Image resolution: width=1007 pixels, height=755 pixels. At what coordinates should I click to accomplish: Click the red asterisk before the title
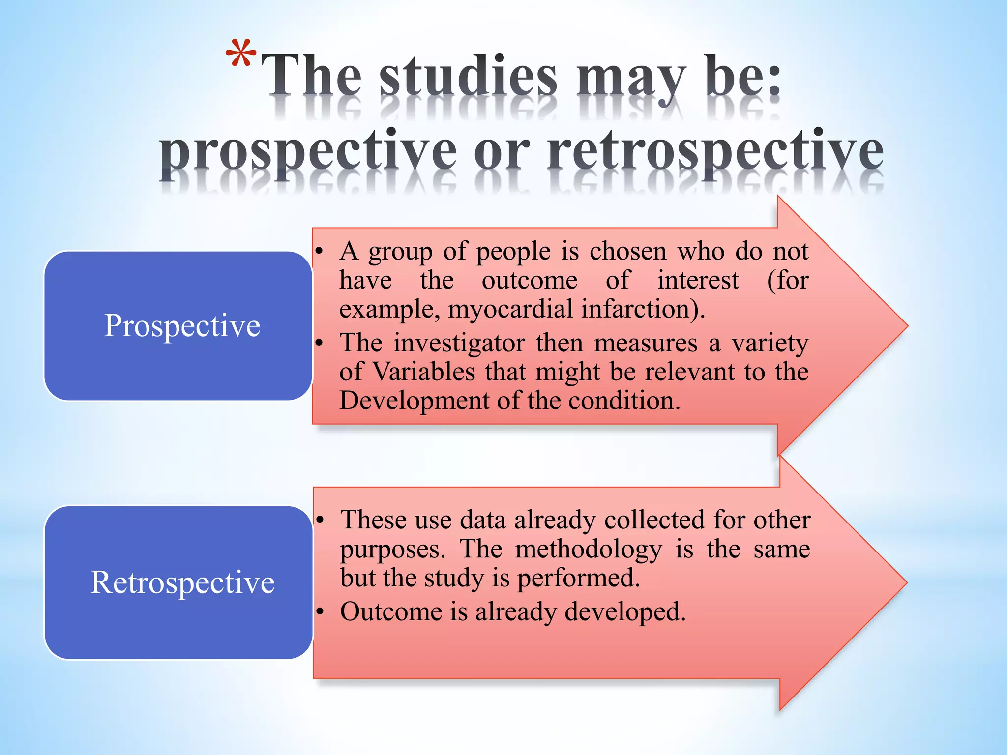[241, 53]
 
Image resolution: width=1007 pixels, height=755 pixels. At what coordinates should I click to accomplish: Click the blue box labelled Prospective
[178, 325]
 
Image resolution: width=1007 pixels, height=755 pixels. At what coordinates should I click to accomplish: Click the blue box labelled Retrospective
[178, 582]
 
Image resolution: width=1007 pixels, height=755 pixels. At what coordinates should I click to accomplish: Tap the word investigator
[459, 343]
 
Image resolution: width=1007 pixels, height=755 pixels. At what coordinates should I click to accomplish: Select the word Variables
[423, 372]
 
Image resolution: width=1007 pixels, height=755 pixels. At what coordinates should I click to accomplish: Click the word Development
[415, 401]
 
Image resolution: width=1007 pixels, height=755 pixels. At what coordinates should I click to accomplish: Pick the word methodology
[588, 549]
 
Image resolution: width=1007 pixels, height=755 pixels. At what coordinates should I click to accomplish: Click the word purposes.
[392, 550]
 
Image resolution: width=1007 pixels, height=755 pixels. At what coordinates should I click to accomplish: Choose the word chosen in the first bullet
[628, 251]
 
